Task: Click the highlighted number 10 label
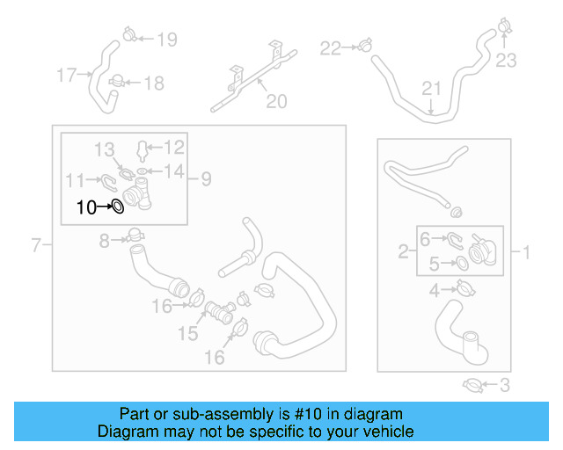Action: click(x=86, y=208)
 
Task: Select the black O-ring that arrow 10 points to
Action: click(x=116, y=208)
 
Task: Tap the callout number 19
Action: click(x=166, y=39)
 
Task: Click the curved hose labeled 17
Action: click(x=99, y=83)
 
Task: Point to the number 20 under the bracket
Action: click(x=276, y=102)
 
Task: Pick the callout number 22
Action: click(x=329, y=47)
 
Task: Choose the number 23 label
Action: click(x=507, y=61)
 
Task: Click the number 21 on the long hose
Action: click(x=430, y=88)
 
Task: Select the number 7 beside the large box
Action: click(x=36, y=245)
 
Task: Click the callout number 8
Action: click(x=104, y=240)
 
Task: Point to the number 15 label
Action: click(x=188, y=334)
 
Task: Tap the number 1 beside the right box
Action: click(x=526, y=254)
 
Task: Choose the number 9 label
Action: click(x=206, y=179)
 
